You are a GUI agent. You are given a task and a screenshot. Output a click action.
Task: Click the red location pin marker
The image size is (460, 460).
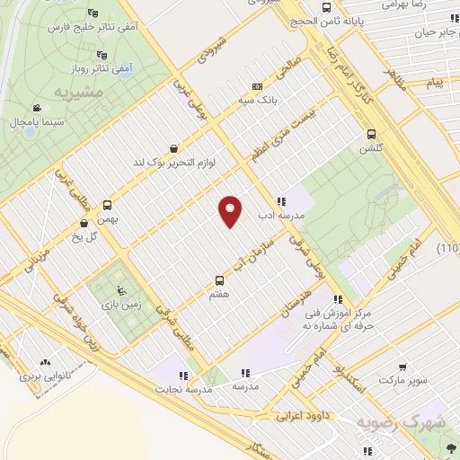pos(231,211)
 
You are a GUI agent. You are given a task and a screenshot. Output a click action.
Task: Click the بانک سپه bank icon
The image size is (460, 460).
pos(258,87)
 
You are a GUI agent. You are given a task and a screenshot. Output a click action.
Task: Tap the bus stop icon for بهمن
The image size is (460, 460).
pos(108,205)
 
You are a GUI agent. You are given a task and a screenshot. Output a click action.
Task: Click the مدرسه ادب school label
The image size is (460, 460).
pos(281,215)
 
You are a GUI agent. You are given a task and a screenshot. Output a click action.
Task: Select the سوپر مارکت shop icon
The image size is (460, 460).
pos(403,367)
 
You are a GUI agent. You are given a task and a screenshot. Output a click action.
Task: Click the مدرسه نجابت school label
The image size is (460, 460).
pos(183,390)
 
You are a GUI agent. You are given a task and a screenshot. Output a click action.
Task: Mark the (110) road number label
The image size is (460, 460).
pos(447,248)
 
